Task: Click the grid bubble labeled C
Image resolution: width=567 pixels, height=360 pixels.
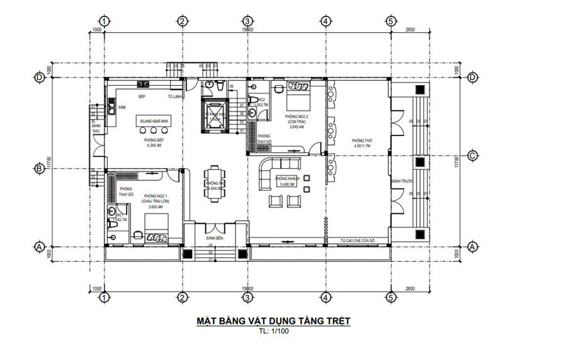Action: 472,155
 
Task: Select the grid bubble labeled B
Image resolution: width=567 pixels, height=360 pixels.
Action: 38,168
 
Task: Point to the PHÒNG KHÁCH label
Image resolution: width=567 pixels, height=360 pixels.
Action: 287,179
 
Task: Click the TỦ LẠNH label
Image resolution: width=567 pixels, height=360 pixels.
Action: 175,97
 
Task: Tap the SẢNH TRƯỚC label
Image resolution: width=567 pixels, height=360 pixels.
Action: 397,181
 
